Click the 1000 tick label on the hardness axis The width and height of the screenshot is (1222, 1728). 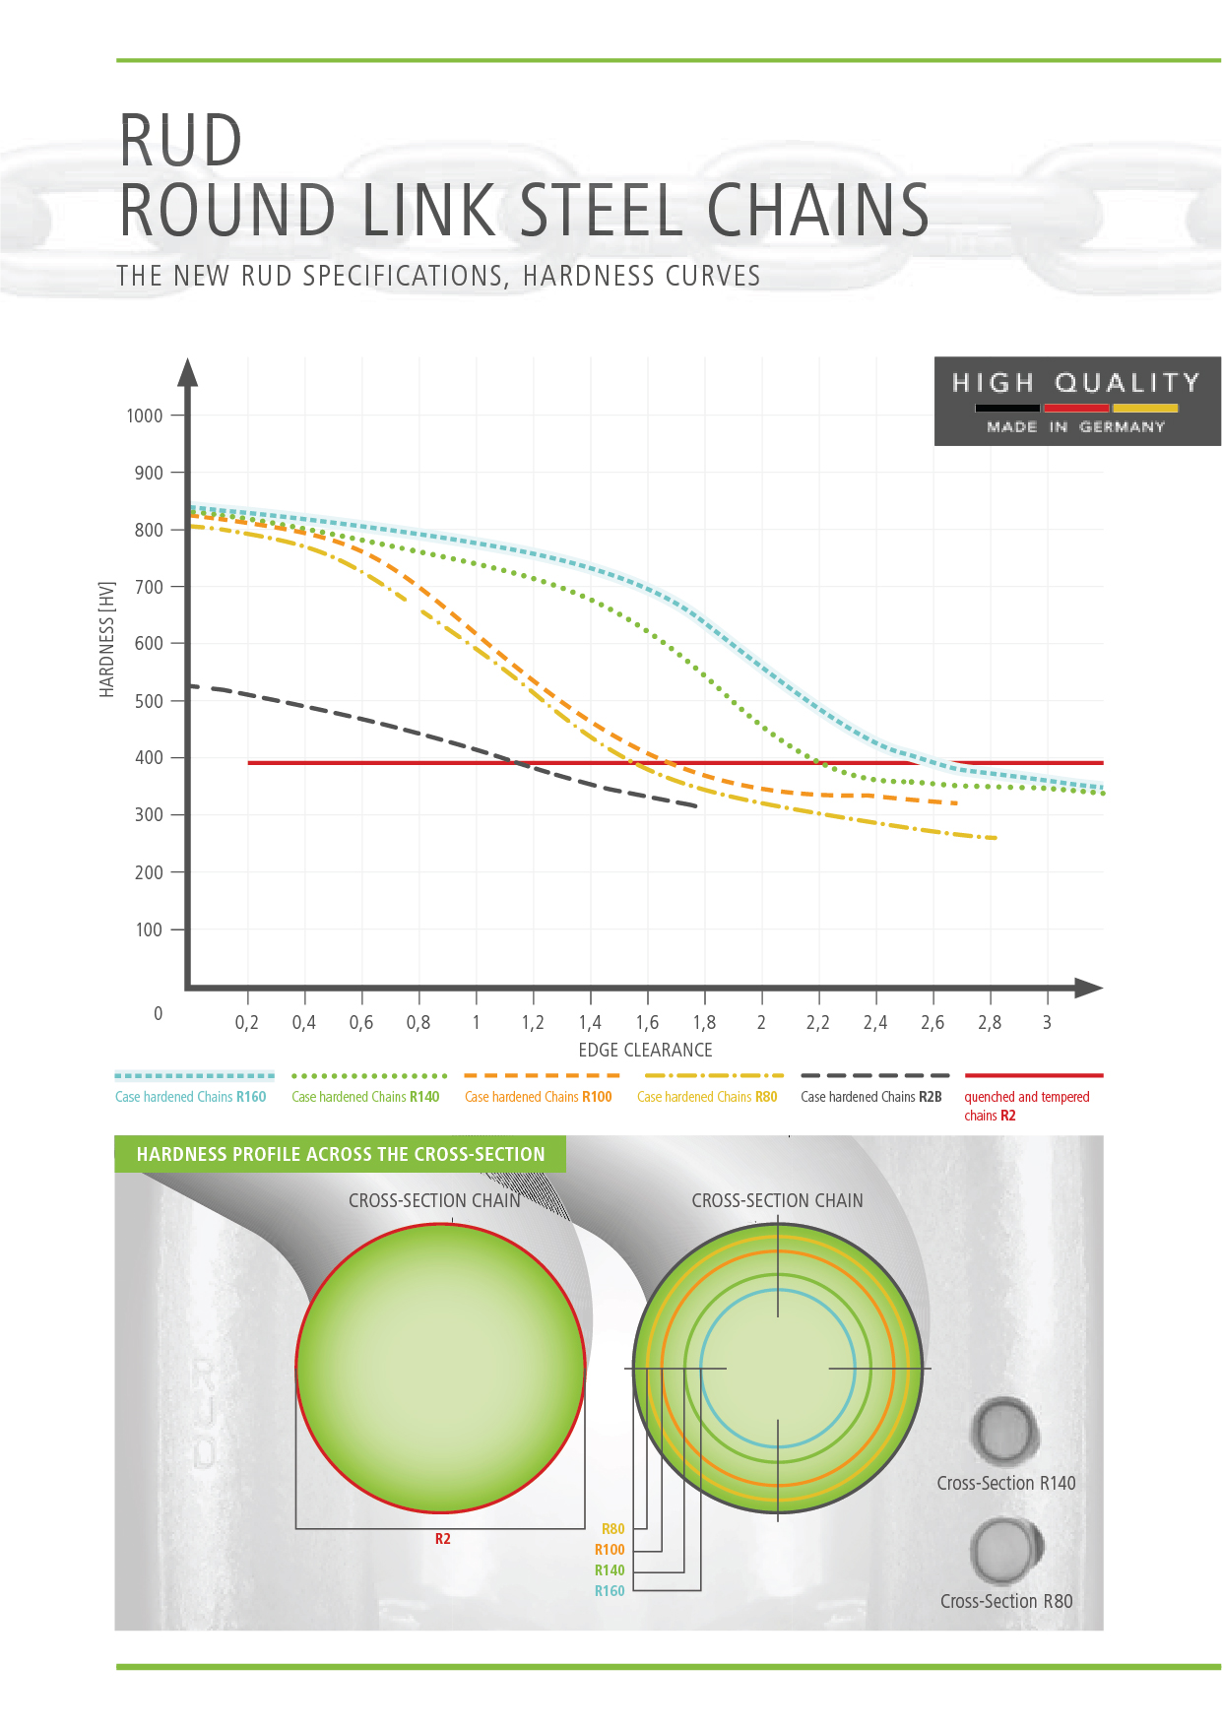[x=145, y=416]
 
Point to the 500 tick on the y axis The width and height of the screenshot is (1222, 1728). [x=149, y=701]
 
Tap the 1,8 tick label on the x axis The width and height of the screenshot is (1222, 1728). [x=704, y=1023]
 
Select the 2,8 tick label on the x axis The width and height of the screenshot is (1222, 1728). [x=990, y=1023]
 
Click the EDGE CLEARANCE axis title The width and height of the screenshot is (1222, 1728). [x=645, y=1051]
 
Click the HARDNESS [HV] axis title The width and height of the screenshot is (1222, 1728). [x=107, y=640]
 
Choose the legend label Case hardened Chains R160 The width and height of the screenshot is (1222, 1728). [x=191, y=1097]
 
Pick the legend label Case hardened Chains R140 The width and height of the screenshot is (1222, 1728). [x=365, y=1097]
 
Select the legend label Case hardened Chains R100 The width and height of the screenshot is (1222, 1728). [x=539, y=1097]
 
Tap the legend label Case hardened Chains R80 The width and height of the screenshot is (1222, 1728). [x=707, y=1097]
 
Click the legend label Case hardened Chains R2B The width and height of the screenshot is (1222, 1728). [x=871, y=1097]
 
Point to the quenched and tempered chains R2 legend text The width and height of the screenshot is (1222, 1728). [x=1026, y=1106]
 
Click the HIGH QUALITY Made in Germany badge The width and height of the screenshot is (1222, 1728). [x=1077, y=402]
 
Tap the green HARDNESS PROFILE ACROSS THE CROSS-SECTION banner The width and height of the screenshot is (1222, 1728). [x=341, y=1154]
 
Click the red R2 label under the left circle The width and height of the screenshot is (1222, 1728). [x=443, y=1539]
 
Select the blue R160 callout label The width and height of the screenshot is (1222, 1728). [x=610, y=1591]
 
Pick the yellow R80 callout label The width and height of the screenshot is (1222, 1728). [x=612, y=1529]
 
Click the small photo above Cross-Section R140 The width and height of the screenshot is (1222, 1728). [x=1004, y=1431]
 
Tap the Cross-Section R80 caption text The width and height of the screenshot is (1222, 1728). [x=1006, y=1602]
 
